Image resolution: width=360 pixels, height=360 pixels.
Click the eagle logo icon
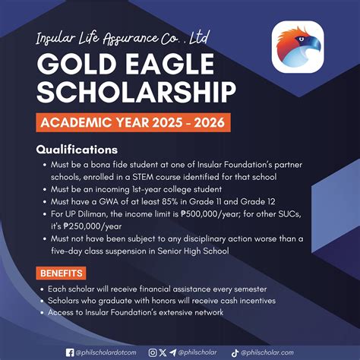click(298, 47)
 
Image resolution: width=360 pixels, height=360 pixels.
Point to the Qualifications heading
click(77, 149)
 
